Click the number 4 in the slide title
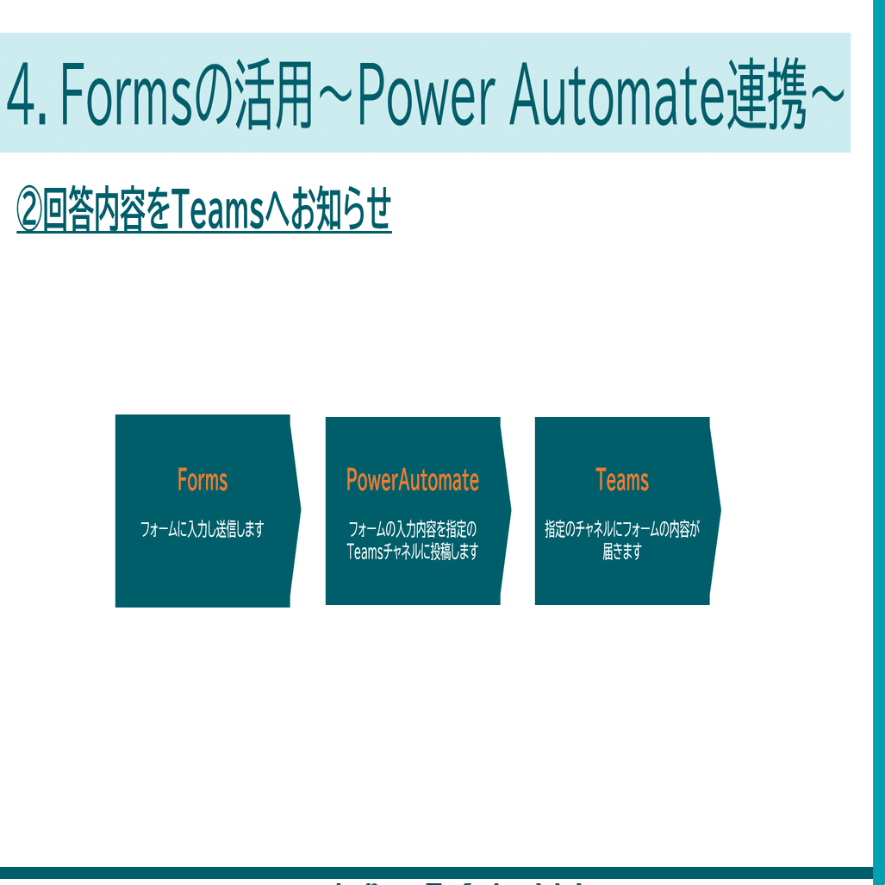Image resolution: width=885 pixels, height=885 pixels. pos(23,94)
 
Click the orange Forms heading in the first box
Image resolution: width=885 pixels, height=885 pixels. pos(203,480)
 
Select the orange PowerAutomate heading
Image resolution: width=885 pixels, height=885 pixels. pos(412,480)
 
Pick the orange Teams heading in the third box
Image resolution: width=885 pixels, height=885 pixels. pos(622,480)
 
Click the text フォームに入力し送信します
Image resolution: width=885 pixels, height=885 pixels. pos(203,529)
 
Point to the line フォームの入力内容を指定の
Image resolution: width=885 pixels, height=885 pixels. pos(412,529)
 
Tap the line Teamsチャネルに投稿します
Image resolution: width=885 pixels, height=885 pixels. pos(412,552)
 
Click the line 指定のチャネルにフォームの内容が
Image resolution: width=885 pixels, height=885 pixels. pos(622,529)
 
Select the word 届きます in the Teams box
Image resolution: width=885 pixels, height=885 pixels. pos(622,552)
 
